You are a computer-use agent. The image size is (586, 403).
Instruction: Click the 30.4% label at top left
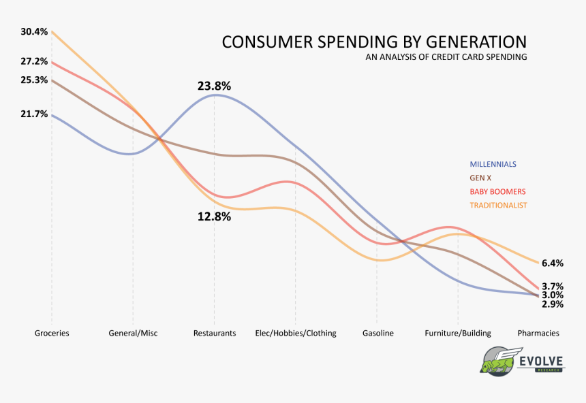(x=34, y=32)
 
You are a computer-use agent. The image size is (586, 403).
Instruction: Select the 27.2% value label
(x=34, y=61)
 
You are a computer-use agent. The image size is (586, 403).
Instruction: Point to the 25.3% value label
(x=34, y=80)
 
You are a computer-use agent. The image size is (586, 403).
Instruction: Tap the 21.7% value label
(x=34, y=114)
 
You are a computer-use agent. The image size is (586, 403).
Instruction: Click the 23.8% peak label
(x=214, y=86)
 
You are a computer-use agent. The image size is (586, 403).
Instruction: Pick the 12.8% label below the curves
(x=214, y=217)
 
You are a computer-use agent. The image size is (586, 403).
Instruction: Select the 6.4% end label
(x=552, y=263)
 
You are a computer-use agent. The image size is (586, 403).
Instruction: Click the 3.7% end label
(x=552, y=287)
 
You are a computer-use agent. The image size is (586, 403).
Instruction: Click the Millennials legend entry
(x=493, y=164)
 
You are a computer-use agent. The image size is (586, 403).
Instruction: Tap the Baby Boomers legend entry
(x=497, y=191)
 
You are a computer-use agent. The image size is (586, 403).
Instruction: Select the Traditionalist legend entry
(x=498, y=205)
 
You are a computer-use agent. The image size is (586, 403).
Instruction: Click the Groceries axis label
(x=52, y=334)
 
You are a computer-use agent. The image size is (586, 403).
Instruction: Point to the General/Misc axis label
(x=133, y=334)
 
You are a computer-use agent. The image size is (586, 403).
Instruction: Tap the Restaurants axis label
(x=215, y=334)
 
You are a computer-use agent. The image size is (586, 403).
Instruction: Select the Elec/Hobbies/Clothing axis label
(x=295, y=334)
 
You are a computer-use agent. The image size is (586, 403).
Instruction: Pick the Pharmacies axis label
(x=538, y=334)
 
